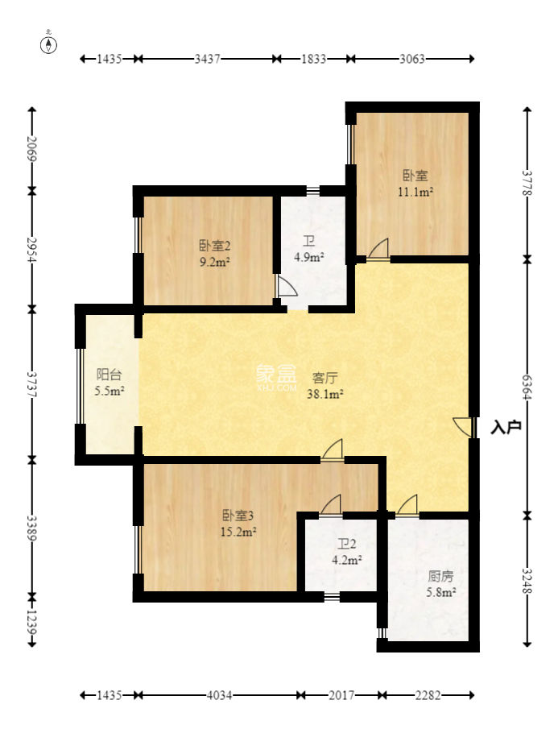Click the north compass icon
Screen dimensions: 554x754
48,43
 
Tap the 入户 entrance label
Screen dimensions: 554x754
506,426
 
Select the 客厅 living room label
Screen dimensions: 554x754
325,378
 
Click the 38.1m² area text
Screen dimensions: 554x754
325,394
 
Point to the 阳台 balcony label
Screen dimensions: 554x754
109,374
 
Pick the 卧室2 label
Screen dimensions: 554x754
215,246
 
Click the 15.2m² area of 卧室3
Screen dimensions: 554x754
238,532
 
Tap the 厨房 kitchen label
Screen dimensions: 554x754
440,576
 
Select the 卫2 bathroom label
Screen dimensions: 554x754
346,544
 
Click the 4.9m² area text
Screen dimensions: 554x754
309,257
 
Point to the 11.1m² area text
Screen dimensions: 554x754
415,193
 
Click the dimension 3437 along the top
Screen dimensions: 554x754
207,59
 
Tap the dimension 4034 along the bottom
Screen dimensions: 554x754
219,695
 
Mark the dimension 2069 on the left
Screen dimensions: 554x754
32,148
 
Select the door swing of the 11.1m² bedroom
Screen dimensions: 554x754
378,248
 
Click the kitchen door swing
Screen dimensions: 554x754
407,504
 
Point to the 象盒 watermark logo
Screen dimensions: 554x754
276,376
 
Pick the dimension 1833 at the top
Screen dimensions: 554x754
313,59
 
